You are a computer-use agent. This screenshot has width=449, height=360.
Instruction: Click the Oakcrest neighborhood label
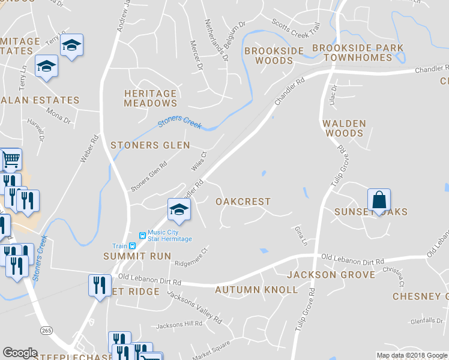tap(243, 202)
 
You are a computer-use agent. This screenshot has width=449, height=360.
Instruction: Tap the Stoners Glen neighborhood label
tap(150, 145)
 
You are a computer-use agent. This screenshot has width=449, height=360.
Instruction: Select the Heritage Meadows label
tap(150, 98)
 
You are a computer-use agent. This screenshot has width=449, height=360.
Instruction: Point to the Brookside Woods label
tap(274, 55)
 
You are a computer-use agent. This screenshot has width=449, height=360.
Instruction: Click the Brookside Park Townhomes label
tap(357, 53)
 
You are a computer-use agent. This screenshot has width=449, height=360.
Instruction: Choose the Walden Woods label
tap(344, 128)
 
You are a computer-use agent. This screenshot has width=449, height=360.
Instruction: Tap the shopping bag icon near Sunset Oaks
tap(379, 199)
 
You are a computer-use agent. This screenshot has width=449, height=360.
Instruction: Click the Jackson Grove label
tap(331, 275)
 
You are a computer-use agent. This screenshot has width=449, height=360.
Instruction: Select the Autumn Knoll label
tap(256, 290)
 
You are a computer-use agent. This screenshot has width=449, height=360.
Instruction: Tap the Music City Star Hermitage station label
tap(170, 236)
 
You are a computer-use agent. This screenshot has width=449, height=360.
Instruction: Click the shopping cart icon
tap(11, 160)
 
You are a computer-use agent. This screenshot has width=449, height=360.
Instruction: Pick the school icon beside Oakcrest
tap(178, 209)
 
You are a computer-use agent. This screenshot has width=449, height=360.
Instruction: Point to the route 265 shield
tap(46, 331)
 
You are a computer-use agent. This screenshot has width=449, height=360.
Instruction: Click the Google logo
tap(20, 353)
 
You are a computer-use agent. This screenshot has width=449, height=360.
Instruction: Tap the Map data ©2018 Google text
tap(411, 355)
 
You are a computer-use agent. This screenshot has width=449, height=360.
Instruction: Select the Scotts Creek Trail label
tap(296, 28)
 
